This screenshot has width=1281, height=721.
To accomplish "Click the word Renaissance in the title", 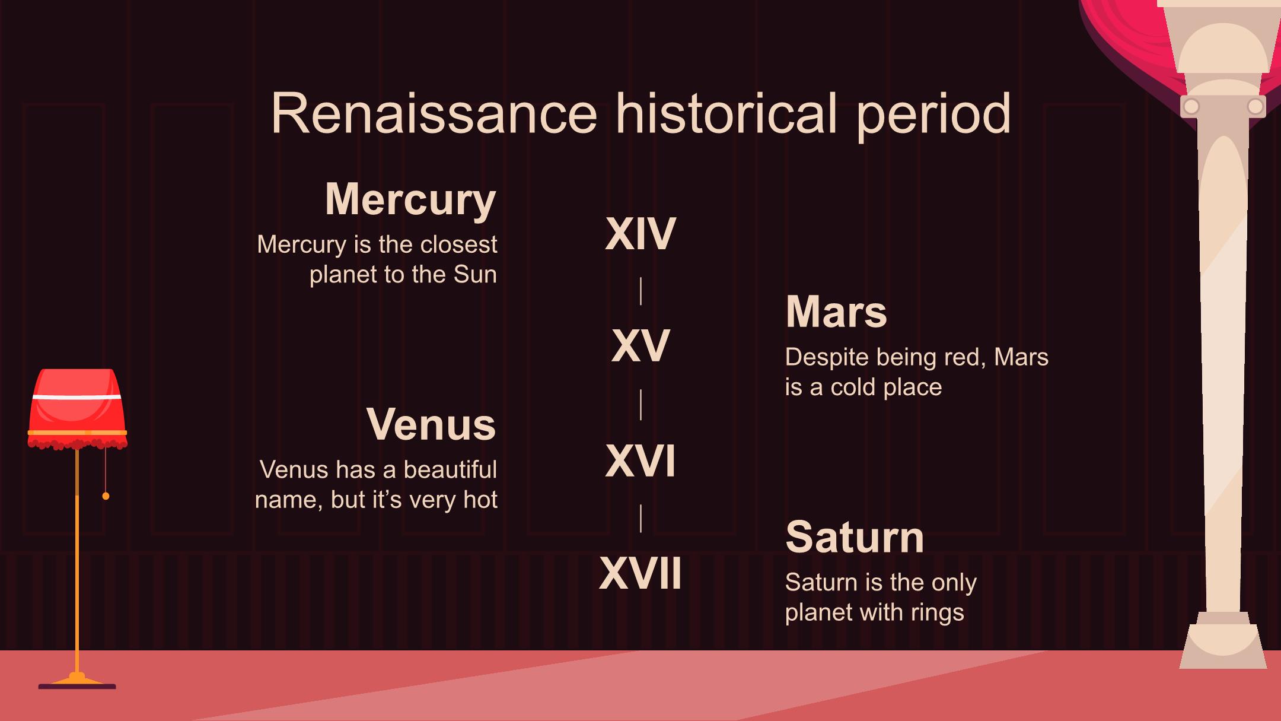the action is pyautogui.click(x=435, y=114).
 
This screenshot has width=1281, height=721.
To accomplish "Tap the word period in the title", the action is pyautogui.click(x=933, y=116).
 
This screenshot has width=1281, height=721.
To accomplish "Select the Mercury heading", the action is pyautogui.click(x=410, y=201).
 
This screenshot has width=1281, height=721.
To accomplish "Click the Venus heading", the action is pyautogui.click(x=431, y=424).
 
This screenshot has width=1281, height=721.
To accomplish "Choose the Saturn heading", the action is pyautogui.click(x=855, y=537).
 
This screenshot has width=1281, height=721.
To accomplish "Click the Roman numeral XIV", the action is pyautogui.click(x=640, y=234).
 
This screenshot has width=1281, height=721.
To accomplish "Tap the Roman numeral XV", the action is pyautogui.click(x=640, y=346).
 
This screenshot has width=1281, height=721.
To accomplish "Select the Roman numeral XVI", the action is pyautogui.click(x=640, y=461).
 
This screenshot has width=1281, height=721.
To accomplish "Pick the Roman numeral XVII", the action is pyautogui.click(x=640, y=573).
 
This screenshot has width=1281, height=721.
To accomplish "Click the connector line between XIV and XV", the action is pyautogui.click(x=640, y=291).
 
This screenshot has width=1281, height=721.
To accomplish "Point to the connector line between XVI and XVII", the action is pyautogui.click(x=640, y=518).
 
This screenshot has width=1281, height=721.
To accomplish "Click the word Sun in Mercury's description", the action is pyautogui.click(x=475, y=275).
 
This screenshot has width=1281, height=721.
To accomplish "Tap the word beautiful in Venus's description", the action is pyautogui.click(x=450, y=470).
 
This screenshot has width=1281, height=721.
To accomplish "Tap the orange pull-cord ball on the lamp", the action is pyautogui.click(x=106, y=496).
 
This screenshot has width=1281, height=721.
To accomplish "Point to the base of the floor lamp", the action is pyautogui.click(x=77, y=682).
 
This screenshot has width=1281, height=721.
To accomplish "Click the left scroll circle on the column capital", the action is pyautogui.click(x=1191, y=107).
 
